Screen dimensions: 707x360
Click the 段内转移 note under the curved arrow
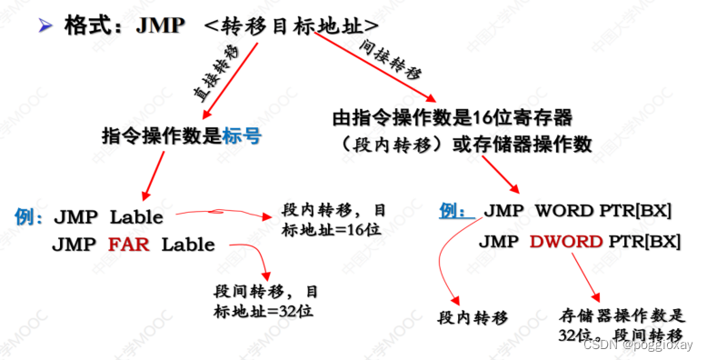473,317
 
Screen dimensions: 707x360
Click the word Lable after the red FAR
188,245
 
